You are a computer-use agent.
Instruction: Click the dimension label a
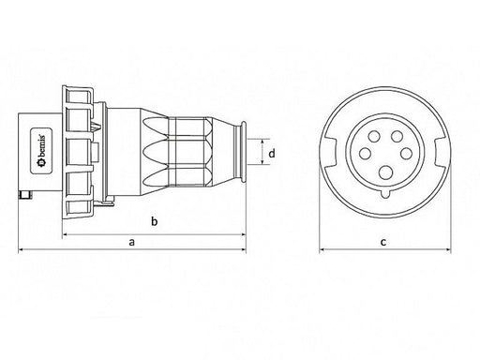(x=132, y=242)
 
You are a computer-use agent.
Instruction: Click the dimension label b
(x=154, y=221)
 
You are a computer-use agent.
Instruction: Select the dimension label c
(x=383, y=242)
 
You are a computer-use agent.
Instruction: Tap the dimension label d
(x=272, y=153)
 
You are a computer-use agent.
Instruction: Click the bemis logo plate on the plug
(x=41, y=151)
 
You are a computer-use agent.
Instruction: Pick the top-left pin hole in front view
(x=374, y=136)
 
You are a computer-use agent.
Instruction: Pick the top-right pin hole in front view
(x=397, y=136)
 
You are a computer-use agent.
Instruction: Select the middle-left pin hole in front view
(x=365, y=154)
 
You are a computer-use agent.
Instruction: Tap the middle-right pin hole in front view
(x=406, y=154)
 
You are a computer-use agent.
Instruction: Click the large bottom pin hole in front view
(x=386, y=172)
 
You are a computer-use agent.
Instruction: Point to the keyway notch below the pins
(x=386, y=194)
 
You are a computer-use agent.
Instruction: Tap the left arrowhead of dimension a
(x=21, y=249)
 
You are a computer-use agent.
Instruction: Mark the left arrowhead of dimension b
(x=66, y=234)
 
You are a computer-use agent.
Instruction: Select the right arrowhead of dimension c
(x=448, y=249)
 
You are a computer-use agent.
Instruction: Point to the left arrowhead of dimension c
(x=322, y=249)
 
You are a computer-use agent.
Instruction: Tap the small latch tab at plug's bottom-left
(x=25, y=195)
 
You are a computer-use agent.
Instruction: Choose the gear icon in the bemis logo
(x=41, y=162)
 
